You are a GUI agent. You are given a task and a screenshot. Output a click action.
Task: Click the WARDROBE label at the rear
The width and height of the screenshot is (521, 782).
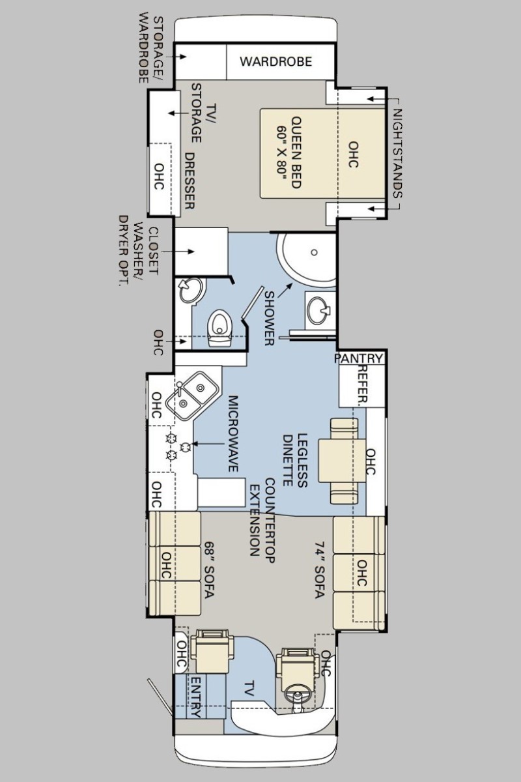tap(275, 61)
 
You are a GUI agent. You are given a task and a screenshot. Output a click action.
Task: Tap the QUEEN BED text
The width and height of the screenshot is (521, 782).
tap(296, 152)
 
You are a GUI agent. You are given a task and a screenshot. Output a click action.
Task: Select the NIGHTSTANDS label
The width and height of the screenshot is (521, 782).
tap(397, 153)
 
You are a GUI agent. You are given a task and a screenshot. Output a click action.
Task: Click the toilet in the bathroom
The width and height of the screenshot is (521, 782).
tap(219, 328)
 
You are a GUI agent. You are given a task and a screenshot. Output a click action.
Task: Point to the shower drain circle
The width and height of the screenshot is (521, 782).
tap(314, 252)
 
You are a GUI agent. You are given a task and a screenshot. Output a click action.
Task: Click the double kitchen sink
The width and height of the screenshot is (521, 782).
tap(192, 396)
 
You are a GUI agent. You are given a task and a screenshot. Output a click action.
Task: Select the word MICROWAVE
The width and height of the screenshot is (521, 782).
tap(233, 433)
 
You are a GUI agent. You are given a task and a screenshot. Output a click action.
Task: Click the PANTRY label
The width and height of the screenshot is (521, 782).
tap(359, 358)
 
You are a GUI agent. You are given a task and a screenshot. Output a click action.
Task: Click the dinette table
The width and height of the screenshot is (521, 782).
tap(343, 461)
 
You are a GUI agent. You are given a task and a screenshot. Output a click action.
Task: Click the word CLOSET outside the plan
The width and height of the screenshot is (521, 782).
tap(154, 251)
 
